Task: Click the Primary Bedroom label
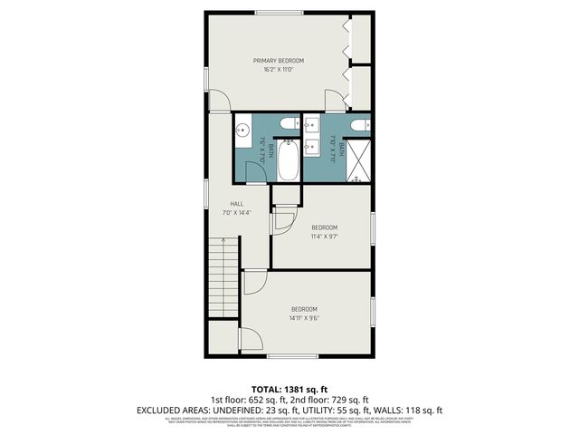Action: tap(278, 61)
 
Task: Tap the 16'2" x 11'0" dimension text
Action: tap(278, 70)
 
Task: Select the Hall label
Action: tap(236, 204)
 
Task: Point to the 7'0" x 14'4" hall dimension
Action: tap(236, 213)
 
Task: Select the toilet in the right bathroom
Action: tap(359, 124)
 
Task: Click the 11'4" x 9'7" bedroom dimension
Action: tap(324, 236)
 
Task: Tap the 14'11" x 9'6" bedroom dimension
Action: tap(304, 317)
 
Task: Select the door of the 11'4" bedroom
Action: tap(284, 220)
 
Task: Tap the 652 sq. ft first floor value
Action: tap(265, 399)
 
